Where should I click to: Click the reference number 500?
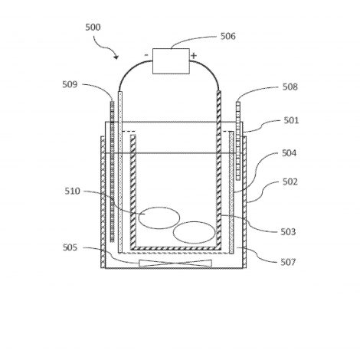(x=93, y=27)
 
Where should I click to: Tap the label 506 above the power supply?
(x=228, y=36)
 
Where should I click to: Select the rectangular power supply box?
(x=171, y=61)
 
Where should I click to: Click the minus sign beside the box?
(x=146, y=55)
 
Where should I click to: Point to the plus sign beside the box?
(x=194, y=55)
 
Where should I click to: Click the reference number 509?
(x=70, y=84)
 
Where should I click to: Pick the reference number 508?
(x=290, y=87)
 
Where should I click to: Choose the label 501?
(x=291, y=120)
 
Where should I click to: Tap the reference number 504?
(x=290, y=153)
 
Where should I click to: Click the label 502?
(x=290, y=182)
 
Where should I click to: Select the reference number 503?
(x=288, y=231)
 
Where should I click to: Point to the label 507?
(x=288, y=262)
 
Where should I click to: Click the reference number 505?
(x=70, y=247)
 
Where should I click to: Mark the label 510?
(x=72, y=191)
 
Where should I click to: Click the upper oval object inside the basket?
(x=159, y=218)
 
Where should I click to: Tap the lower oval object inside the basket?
(x=195, y=233)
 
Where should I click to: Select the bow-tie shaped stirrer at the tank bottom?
(x=175, y=263)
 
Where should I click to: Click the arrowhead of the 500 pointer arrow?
(x=116, y=57)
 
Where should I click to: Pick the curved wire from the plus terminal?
(x=211, y=70)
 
